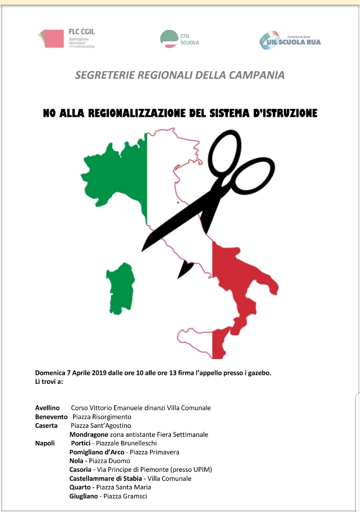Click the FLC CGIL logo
(x=66, y=38)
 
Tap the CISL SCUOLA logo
(x=179, y=38)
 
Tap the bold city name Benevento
(x=51, y=417)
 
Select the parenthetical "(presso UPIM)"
(x=191, y=470)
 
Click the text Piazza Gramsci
(x=129, y=496)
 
